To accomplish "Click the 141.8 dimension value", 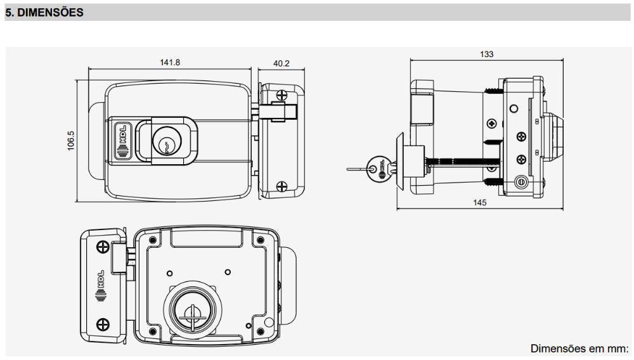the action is (170, 62).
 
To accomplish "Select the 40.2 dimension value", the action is (281, 63).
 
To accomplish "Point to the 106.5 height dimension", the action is (71, 141).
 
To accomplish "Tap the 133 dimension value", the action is (487, 54).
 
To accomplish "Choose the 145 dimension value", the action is (480, 202).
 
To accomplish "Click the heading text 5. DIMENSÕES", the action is (44, 13).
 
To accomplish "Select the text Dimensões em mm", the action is (579, 349).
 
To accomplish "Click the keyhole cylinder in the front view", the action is (167, 141).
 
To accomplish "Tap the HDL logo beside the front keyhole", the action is (122, 141).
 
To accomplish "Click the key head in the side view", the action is (377, 169).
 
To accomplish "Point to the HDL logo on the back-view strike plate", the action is (101, 286).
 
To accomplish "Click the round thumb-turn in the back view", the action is (193, 311).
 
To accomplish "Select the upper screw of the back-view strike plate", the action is (103, 247).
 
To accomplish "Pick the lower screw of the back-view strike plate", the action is (103, 324).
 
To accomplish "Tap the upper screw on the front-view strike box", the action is (281, 95).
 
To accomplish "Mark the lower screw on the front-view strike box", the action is (281, 187).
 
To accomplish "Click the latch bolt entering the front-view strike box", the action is (277, 112).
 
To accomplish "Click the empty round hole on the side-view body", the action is (514, 108).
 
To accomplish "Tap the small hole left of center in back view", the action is (170, 274).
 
